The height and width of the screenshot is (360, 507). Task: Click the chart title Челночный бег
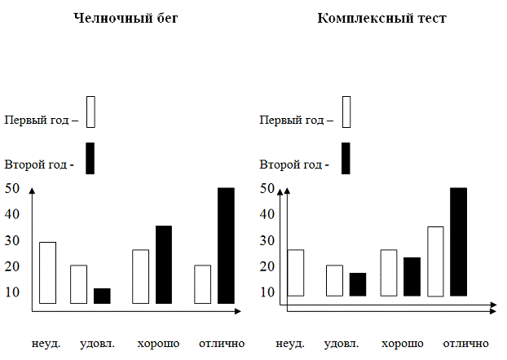click(125, 18)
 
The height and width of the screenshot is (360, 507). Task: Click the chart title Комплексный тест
click(381, 18)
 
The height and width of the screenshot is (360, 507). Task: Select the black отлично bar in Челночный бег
click(226, 245)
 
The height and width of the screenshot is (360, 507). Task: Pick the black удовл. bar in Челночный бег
click(102, 296)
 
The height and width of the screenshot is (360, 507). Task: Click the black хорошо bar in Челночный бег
click(164, 265)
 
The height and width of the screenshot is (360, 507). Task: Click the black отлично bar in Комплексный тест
click(458, 241)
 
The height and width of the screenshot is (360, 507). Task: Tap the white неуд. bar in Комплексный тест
click(295, 273)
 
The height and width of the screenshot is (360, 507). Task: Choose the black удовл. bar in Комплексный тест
click(358, 284)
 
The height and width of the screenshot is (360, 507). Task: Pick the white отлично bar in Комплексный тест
click(434, 261)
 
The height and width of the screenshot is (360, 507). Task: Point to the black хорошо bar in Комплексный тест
click(412, 276)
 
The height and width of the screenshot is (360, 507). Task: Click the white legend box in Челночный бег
click(90, 112)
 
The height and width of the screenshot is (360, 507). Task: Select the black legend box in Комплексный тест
click(346, 158)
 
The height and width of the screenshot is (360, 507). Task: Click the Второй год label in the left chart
click(38, 165)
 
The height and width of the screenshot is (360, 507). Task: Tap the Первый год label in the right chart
click(297, 120)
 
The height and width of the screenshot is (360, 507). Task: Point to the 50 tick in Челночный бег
click(12, 188)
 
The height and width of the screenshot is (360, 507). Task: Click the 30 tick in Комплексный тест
click(268, 240)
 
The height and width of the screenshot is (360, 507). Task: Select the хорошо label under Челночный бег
click(159, 343)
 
